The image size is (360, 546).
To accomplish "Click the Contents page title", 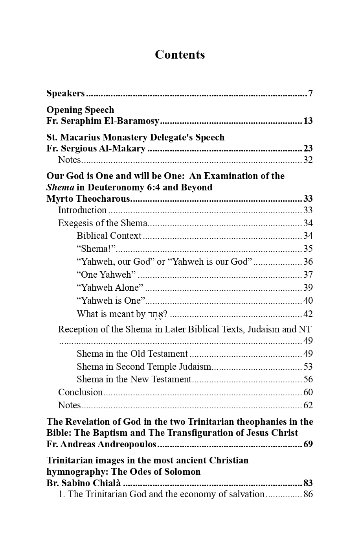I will pyautogui.click(x=180, y=55).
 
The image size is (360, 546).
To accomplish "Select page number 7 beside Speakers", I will pyautogui.click(x=310, y=94).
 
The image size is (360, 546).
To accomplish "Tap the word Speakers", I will pyautogui.click(x=65, y=94).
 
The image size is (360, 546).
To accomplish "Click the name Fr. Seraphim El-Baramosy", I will pyautogui.click(x=103, y=121).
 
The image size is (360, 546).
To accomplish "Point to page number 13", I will pyautogui.click(x=308, y=121).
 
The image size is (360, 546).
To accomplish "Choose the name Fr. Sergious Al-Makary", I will pyautogui.click(x=96, y=148).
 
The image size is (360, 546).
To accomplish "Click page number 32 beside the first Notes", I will pyautogui.click(x=308, y=160).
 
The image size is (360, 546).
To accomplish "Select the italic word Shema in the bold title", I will pyautogui.click(x=60, y=187).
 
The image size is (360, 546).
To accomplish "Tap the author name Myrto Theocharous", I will pyautogui.click(x=88, y=199).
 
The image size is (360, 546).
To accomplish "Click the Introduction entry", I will pyautogui.click(x=82, y=210).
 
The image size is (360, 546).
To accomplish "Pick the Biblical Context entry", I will pyautogui.click(x=109, y=236).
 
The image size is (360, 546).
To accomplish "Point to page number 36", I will pyautogui.click(x=308, y=262).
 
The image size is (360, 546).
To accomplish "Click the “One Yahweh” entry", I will pyautogui.click(x=106, y=275).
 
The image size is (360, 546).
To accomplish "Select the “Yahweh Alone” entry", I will pyautogui.click(x=110, y=288).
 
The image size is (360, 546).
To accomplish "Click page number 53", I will pyautogui.click(x=308, y=367).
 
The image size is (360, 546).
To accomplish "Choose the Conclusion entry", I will pyautogui.click(x=80, y=392).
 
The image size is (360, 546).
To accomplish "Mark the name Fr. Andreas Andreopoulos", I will pyautogui.click(x=101, y=445).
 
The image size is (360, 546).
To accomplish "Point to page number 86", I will pyautogui.click(x=308, y=494).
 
